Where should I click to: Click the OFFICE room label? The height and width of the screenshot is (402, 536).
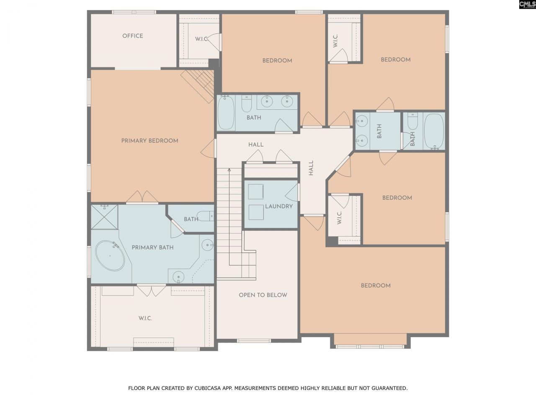[132, 36]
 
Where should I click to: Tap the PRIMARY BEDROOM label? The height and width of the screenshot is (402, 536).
[149, 141]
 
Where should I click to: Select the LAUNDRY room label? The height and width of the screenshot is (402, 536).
[278, 206]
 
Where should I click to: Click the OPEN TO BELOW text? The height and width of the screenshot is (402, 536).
[263, 295]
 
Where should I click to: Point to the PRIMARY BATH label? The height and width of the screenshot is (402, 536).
[152, 247]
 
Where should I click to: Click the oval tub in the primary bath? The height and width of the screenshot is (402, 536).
[110, 255]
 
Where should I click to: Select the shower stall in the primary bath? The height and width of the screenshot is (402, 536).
[104, 217]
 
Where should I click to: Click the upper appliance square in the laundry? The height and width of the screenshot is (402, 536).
[255, 191]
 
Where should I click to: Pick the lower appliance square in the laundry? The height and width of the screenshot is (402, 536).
[255, 212]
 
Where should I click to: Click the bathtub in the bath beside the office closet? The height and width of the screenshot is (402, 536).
[226, 113]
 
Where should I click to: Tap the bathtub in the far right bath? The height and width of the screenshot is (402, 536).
[434, 131]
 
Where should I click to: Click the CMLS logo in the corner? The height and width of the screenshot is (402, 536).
[527, 5]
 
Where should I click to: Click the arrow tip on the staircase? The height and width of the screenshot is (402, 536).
[229, 170]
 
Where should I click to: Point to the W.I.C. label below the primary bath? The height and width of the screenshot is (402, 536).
[145, 318]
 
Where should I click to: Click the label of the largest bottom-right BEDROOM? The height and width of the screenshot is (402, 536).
[376, 286]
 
